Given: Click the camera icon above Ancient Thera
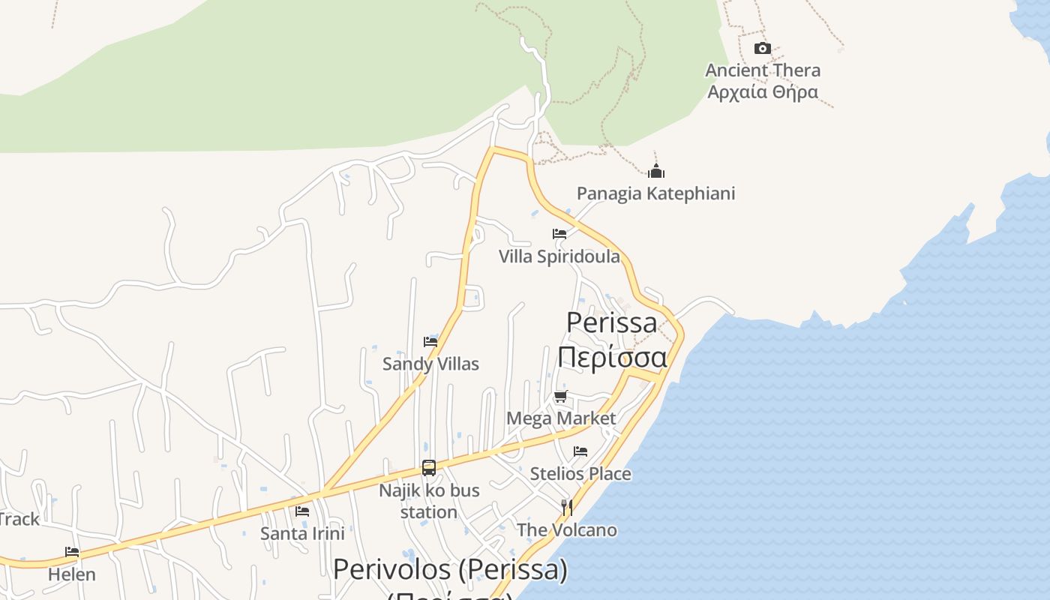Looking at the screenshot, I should pyautogui.click(x=762, y=49).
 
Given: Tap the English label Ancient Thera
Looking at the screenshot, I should pyautogui.click(x=763, y=70).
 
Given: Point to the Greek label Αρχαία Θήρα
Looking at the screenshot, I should pyautogui.click(x=763, y=92).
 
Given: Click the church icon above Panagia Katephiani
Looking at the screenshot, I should pyautogui.click(x=656, y=171).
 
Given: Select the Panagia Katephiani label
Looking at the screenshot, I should pyautogui.click(x=655, y=193).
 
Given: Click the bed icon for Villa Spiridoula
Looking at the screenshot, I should pyautogui.click(x=559, y=234).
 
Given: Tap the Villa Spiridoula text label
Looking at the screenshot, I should pyautogui.click(x=559, y=256).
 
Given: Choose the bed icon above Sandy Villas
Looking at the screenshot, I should pyautogui.click(x=430, y=342).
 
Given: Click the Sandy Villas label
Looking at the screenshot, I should pyautogui.click(x=430, y=364).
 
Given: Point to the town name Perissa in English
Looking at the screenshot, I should pyautogui.click(x=611, y=322).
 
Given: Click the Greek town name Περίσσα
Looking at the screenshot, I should pyautogui.click(x=611, y=357).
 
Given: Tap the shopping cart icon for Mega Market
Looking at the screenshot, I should pyautogui.click(x=561, y=396).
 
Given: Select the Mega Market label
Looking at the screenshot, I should pyautogui.click(x=561, y=418).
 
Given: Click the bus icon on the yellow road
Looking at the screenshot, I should pyautogui.click(x=429, y=468).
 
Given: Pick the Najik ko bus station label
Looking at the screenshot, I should pyautogui.click(x=429, y=501).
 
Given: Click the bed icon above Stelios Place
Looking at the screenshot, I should pyautogui.click(x=580, y=451).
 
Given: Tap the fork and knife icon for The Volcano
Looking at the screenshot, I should pyautogui.click(x=567, y=508).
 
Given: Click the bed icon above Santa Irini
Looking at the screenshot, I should pyautogui.click(x=302, y=511).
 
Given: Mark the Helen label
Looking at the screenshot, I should pyautogui.click(x=72, y=574).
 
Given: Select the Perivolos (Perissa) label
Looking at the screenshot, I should pyautogui.click(x=450, y=570).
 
